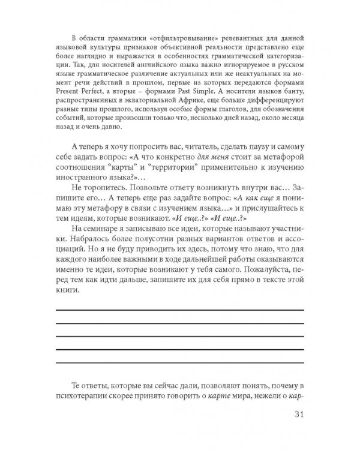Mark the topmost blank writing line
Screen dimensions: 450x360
179,310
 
